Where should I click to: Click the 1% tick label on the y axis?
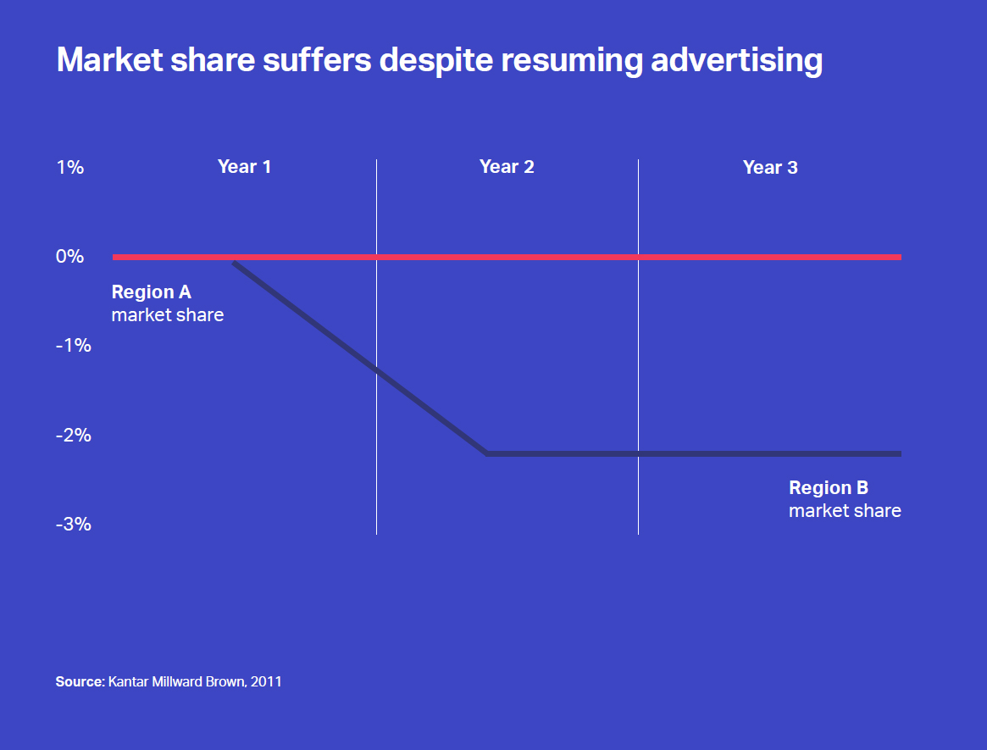(x=69, y=167)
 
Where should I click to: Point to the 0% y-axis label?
(x=69, y=256)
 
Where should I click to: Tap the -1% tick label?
(x=74, y=345)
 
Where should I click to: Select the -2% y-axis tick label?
(x=74, y=435)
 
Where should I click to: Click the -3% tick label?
(x=74, y=524)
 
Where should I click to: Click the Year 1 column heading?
(x=244, y=166)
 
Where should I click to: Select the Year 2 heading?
(x=507, y=166)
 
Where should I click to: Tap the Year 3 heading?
(x=770, y=167)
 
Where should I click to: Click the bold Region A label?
(x=151, y=292)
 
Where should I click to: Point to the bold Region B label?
(x=829, y=487)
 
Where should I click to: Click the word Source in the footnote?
(x=80, y=681)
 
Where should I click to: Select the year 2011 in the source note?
(x=266, y=681)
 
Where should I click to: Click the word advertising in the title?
(x=736, y=60)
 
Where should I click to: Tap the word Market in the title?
(x=109, y=60)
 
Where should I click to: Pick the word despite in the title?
(x=436, y=60)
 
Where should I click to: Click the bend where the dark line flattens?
(x=486, y=453)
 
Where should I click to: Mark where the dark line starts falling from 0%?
(x=234, y=262)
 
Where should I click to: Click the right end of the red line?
(x=901, y=257)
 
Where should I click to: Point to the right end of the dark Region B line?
(x=901, y=453)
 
